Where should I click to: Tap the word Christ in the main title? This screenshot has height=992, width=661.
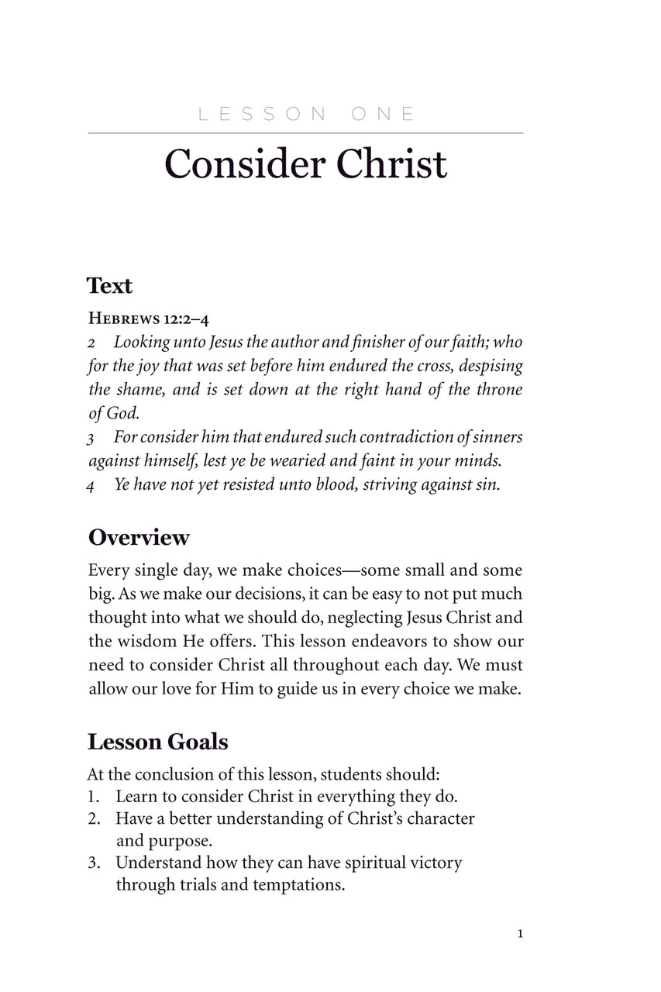coord(391,164)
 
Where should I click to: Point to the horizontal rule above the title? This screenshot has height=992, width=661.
coord(305,133)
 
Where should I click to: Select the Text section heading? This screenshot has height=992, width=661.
coord(110,286)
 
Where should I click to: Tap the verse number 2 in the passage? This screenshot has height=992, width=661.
coord(91,343)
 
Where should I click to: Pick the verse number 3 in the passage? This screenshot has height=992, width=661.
coord(91,439)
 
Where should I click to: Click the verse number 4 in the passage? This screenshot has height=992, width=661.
coord(91,487)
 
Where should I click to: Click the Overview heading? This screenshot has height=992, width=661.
coord(139,537)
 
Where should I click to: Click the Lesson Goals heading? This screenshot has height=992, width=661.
coord(157,742)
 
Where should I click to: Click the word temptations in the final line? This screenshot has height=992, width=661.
coord(298,884)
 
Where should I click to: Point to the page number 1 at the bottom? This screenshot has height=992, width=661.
coord(520,935)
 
